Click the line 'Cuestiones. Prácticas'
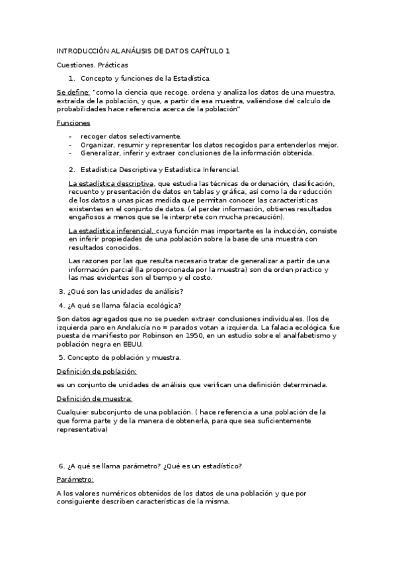coord(93,65)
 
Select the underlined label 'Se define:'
coord(73,93)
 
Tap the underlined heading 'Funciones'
coord(73,123)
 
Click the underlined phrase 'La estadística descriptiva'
coord(112,183)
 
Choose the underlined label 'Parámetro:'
coord(75,480)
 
